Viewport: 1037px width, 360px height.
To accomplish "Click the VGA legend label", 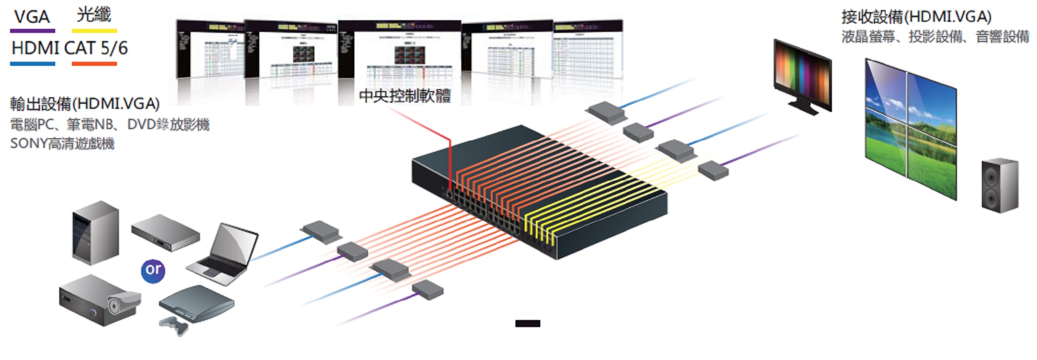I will click(31, 17).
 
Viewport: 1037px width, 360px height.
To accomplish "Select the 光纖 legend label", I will click(94, 15).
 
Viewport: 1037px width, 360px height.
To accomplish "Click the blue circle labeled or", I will click(153, 270).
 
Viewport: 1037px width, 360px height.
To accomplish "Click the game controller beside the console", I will click(173, 326).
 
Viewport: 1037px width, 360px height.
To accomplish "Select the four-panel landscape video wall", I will click(910, 129).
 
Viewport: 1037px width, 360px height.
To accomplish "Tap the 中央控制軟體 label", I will click(405, 96).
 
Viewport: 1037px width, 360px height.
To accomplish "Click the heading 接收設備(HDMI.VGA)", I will click(916, 17).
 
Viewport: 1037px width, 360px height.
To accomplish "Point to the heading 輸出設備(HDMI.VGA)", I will click(85, 104).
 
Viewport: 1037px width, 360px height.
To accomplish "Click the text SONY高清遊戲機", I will click(62, 144).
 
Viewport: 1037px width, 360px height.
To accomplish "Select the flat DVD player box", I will click(166, 232).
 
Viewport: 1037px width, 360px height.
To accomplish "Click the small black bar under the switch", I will click(528, 324).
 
